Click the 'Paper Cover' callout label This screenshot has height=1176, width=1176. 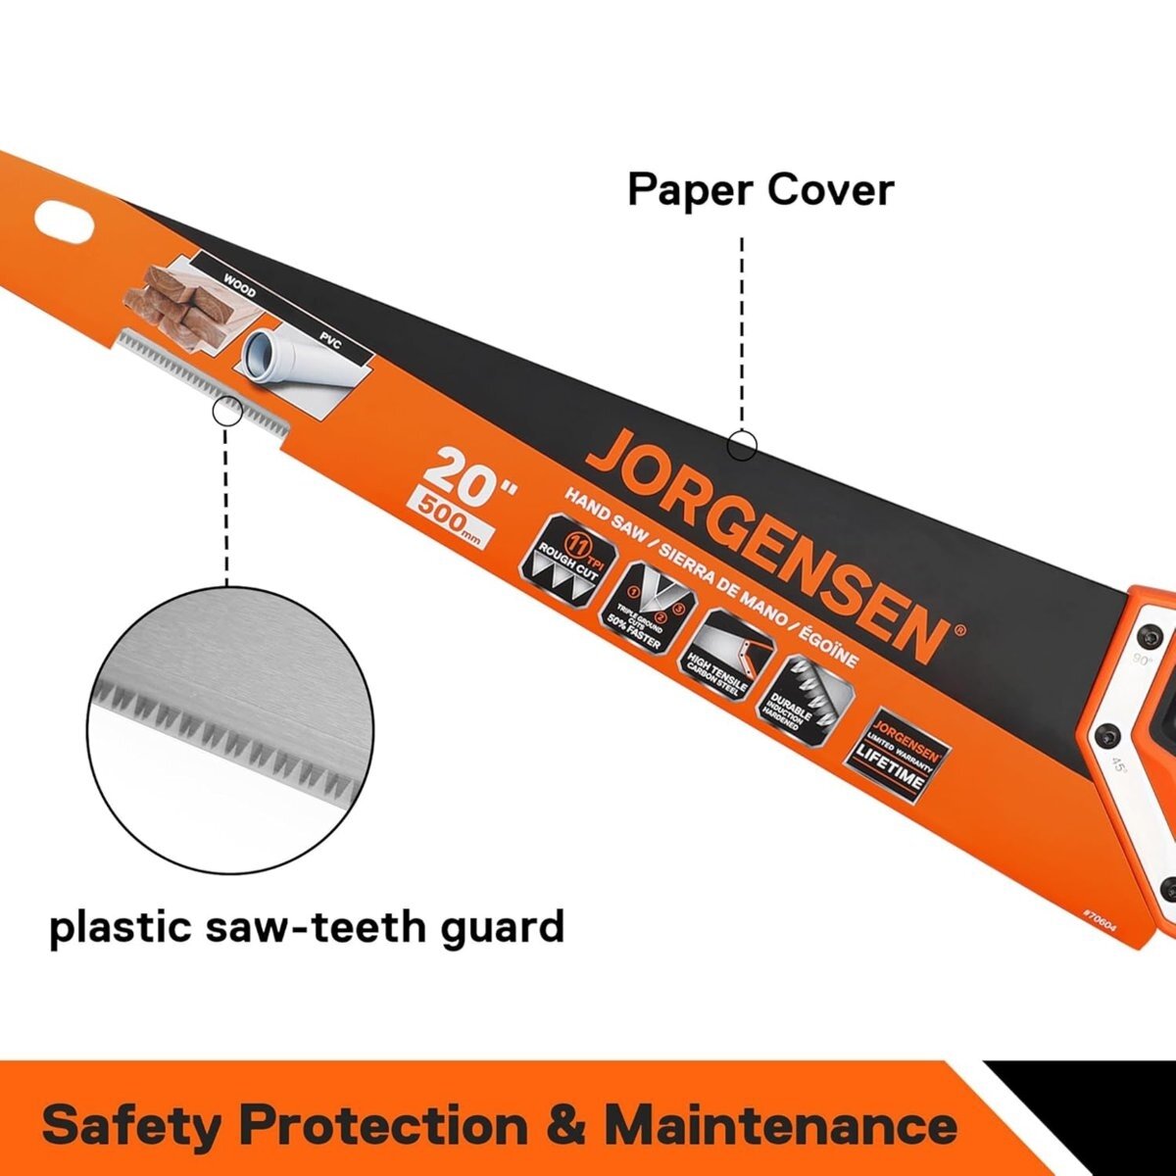click(x=759, y=189)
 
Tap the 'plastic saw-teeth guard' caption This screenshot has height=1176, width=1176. click(x=307, y=925)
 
